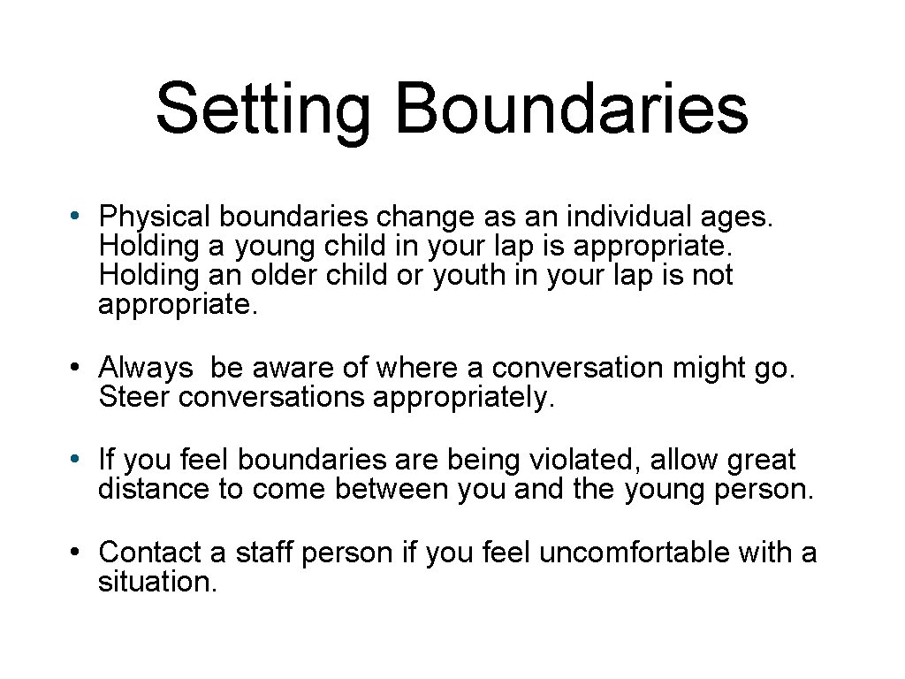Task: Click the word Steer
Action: coord(135,397)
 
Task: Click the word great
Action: coord(762,462)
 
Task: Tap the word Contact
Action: coord(150,553)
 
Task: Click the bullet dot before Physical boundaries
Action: coord(79,216)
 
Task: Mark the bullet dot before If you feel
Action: coord(79,460)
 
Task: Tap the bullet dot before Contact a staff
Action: coord(79,553)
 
